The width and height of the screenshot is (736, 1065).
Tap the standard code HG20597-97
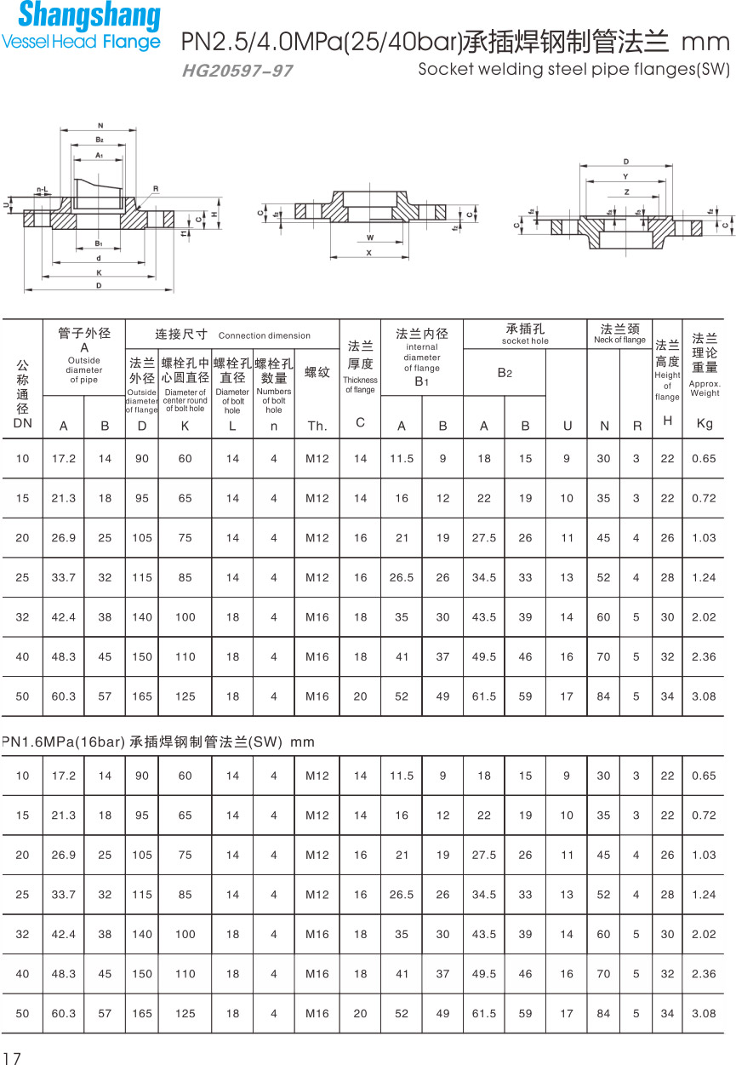pyautogui.click(x=237, y=72)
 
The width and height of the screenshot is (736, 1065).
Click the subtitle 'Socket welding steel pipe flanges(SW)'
pyautogui.click(x=573, y=70)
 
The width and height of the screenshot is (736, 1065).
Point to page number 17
pyautogui.click(x=11, y=1057)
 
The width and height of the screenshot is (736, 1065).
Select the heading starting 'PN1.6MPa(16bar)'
pyautogui.click(x=158, y=742)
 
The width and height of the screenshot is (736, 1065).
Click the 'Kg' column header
pyautogui.click(x=705, y=423)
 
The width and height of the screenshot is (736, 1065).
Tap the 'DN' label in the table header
pyautogui.click(x=22, y=423)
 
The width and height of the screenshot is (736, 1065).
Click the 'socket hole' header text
pyautogui.click(x=525, y=341)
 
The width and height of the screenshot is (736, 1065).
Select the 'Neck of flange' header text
pyautogui.click(x=619, y=341)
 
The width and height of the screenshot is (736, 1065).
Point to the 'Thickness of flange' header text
pyautogui.click(x=360, y=385)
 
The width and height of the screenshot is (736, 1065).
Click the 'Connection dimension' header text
pyautogui.click(x=265, y=335)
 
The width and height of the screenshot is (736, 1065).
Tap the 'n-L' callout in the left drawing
pyautogui.click(x=42, y=189)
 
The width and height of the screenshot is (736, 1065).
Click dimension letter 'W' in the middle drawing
pyautogui.click(x=370, y=238)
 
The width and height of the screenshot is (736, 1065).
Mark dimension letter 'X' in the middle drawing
pyautogui.click(x=368, y=253)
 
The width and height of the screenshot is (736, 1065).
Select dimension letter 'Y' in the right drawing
pyautogui.click(x=625, y=177)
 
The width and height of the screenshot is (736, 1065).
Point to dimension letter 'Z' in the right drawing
pyautogui.click(x=626, y=192)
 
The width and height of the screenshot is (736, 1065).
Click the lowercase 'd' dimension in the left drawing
pyautogui.click(x=99, y=258)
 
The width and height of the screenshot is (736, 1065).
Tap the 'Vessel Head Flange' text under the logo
pyautogui.click(x=81, y=42)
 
